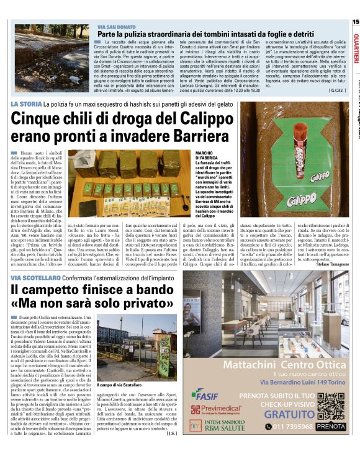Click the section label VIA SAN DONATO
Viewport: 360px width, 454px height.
pos(116,28)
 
